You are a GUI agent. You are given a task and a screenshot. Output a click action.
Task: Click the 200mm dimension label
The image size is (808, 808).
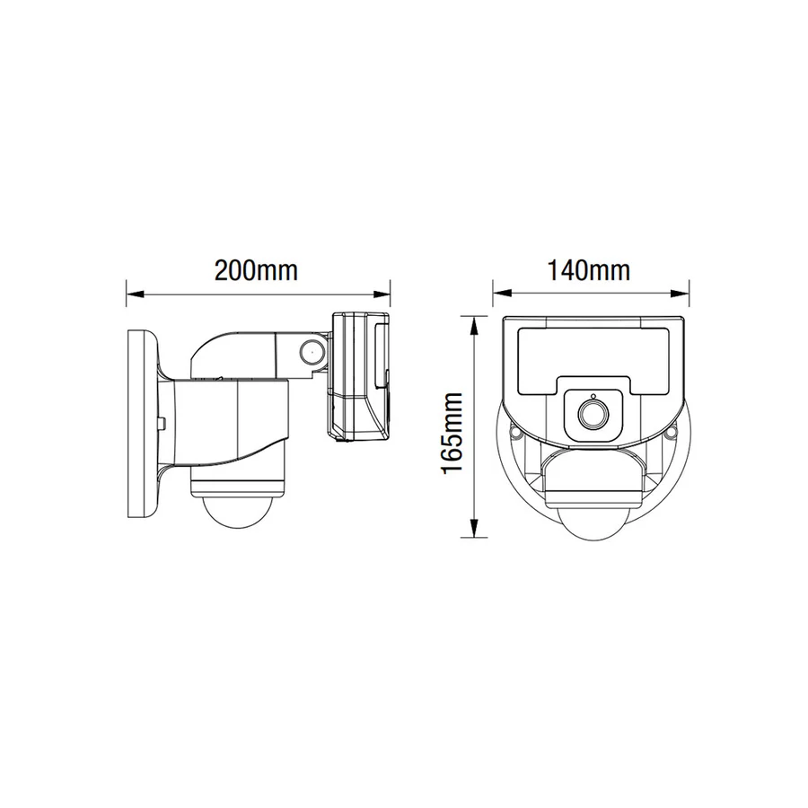click(x=256, y=269)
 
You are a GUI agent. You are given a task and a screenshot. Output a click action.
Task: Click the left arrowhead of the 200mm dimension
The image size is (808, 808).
click(x=130, y=291)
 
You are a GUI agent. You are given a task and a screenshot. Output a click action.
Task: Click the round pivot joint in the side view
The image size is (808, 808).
click(x=312, y=351)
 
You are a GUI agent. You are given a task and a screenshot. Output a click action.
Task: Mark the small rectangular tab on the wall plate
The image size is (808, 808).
click(x=162, y=419)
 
